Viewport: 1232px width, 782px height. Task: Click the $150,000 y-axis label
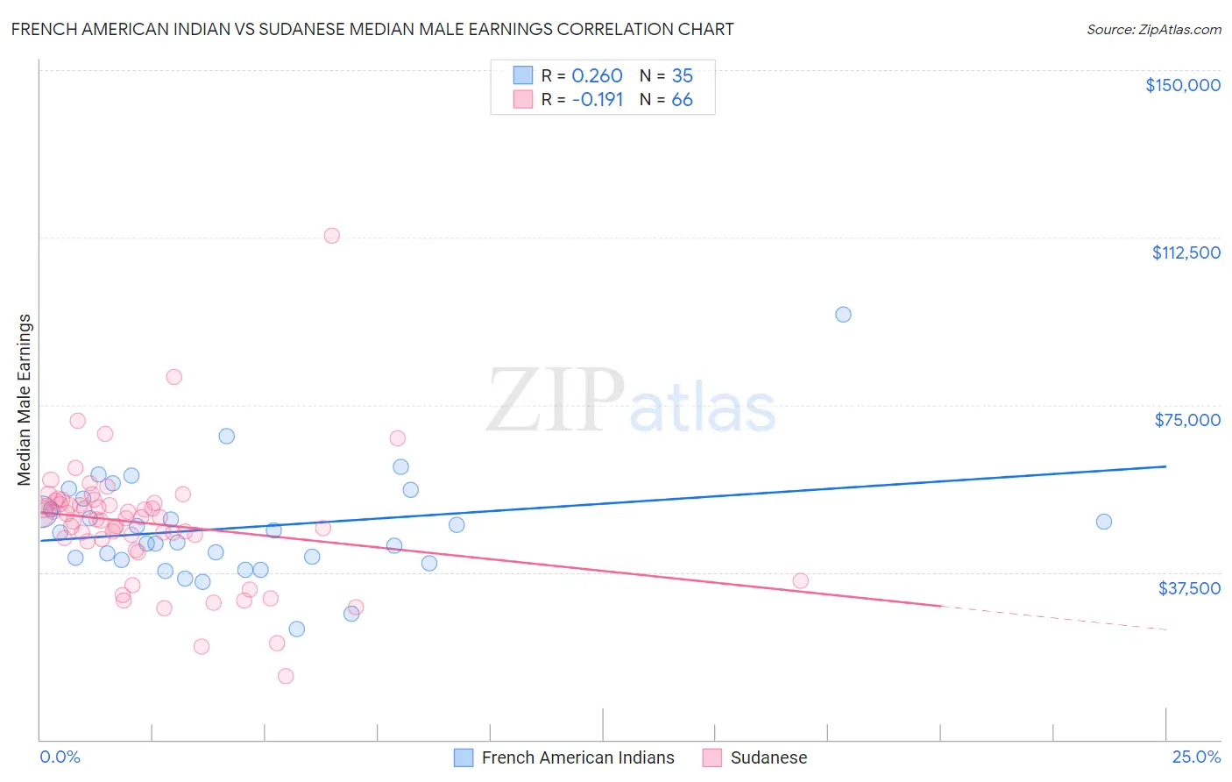1182,85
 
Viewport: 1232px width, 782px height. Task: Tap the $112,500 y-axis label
1186,252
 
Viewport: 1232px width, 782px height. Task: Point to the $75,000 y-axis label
1187,420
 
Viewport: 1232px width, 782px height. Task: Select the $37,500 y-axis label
1189,588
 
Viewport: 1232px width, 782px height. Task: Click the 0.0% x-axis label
60,757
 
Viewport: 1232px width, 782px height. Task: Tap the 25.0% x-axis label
1196,757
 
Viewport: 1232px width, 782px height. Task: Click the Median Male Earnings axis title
25,400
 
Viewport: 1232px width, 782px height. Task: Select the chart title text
372,29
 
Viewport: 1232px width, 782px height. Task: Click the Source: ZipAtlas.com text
1153,30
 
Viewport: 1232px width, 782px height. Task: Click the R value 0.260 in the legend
597,76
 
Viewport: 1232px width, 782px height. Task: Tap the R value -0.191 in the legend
597,100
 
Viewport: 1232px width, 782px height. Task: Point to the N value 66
682,100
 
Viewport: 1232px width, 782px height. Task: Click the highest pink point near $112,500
331,236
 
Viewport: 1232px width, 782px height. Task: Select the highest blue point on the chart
843,315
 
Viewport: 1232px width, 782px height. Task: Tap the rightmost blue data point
1104,522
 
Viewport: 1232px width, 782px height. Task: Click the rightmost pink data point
800,580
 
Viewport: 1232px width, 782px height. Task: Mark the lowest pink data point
286,676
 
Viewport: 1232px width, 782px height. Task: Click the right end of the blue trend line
1166,466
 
